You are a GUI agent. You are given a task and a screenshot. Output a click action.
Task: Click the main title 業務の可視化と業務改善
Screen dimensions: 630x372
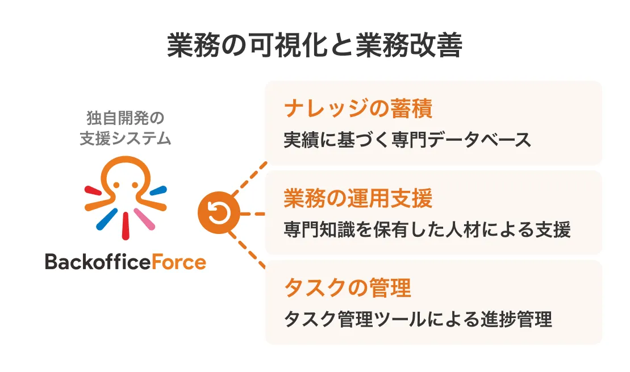click(x=315, y=45)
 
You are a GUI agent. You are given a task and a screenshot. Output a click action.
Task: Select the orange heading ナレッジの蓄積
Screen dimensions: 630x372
click(x=358, y=109)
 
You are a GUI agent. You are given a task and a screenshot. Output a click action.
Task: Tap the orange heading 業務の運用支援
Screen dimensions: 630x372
click(x=358, y=198)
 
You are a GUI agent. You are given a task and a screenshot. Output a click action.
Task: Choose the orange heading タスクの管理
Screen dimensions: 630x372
click(x=348, y=288)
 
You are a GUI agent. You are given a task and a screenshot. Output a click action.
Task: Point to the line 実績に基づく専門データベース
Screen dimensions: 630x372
click(x=407, y=140)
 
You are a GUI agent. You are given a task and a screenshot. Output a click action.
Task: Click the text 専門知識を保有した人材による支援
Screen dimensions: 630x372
click(x=427, y=229)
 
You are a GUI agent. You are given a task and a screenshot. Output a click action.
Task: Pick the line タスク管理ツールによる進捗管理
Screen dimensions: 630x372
click(x=418, y=319)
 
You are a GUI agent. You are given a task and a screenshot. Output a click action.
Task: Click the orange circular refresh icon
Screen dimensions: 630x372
click(x=219, y=213)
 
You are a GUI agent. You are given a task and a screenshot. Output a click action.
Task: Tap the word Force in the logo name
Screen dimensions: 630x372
click(x=179, y=262)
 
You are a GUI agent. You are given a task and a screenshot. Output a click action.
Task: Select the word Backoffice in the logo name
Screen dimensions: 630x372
click(x=98, y=262)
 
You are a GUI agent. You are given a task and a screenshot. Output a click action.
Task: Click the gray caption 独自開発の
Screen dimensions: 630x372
click(x=126, y=118)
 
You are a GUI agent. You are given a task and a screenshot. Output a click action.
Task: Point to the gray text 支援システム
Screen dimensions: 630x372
click(x=126, y=139)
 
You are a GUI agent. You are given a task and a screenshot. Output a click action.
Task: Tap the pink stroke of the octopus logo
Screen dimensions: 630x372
click(x=144, y=219)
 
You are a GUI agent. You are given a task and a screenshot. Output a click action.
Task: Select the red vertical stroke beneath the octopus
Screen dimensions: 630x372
click(x=126, y=226)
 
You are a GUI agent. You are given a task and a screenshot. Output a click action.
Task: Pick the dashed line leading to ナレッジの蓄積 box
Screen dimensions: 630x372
click(x=250, y=178)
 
